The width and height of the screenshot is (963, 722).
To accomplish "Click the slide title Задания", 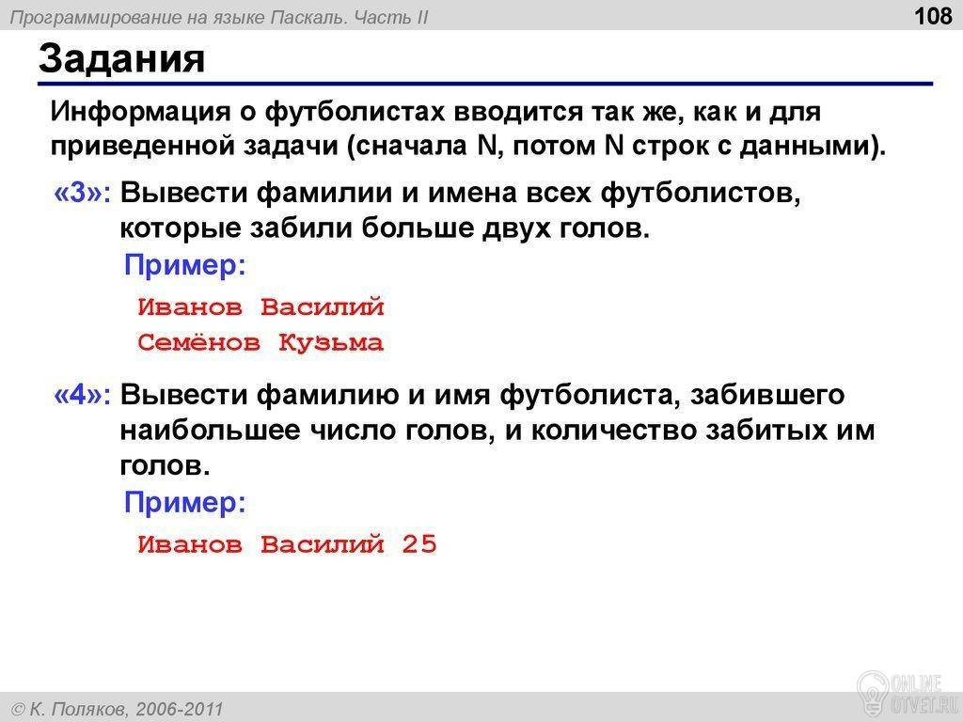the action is pyautogui.click(x=121, y=59).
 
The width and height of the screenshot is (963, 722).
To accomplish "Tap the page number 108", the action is pyautogui.click(x=933, y=15).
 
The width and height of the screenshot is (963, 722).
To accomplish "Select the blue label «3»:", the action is pyautogui.click(x=83, y=193).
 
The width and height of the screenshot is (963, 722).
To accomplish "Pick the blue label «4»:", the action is pyautogui.click(x=83, y=395).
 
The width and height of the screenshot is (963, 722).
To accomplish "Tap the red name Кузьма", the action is pyautogui.click(x=331, y=342).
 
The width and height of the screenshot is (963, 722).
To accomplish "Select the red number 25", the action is pyautogui.click(x=419, y=544).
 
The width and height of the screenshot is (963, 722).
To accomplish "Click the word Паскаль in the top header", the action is pyautogui.click(x=310, y=17).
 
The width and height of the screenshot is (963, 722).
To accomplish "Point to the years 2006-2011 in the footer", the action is pyautogui.click(x=180, y=710).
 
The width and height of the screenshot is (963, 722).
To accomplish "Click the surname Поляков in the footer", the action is pyautogui.click(x=89, y=710).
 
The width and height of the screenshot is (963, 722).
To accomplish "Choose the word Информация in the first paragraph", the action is pyautogui.click(x=140, y=113).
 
